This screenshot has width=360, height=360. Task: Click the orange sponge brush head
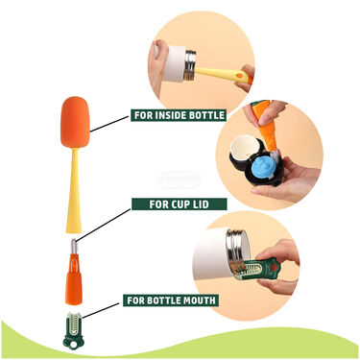pos(74,122)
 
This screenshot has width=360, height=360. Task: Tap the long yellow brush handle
pos(74,190)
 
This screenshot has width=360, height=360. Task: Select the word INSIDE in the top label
pos(169,115)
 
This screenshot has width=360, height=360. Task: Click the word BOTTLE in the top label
pos(206,115)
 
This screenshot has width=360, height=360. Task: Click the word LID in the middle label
pos(203,204)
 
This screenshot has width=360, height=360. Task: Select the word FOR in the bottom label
pos(135,300)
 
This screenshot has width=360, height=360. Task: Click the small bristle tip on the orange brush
pos(73,246)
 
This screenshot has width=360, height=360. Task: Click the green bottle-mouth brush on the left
pos(73,330)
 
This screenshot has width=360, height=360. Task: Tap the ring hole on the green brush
pos(74,346)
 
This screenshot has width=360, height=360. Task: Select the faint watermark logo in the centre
pos(180,180)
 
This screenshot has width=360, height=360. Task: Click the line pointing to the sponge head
pos(108,124)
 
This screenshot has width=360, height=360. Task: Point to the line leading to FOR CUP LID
pos(103,225)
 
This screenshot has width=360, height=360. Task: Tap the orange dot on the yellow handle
pos(238,76)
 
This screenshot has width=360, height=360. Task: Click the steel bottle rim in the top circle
pos(190,66)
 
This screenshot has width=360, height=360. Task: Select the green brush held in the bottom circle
pos(259,269)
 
